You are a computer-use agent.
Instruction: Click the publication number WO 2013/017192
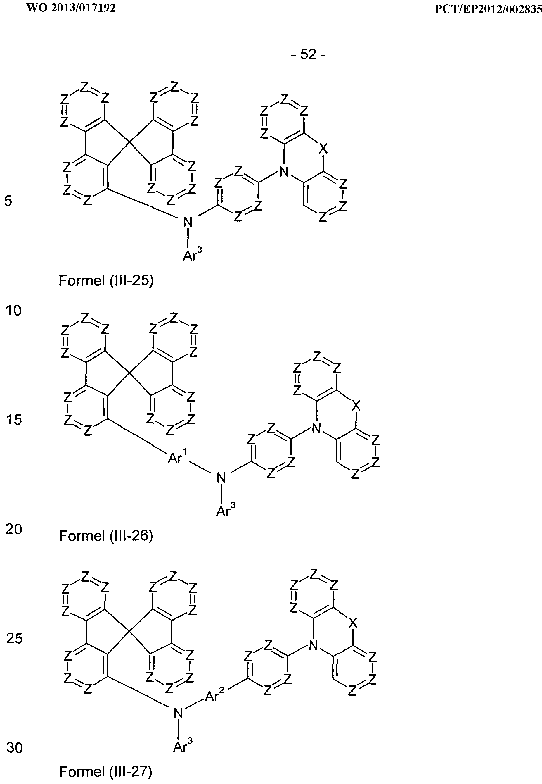[x=71, y=8]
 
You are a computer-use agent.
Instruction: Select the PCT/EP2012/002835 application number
[x=488, y=9]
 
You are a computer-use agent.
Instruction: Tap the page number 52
[x=308, y=54]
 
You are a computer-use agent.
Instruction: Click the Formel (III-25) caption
[x=106, y=281]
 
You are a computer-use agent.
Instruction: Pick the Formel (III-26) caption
[x=106, y=536]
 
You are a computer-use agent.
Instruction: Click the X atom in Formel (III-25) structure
[x=324, y=149]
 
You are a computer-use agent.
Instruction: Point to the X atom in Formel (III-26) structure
[x=356, y=405]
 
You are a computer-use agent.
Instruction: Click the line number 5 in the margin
[x=8, y=201]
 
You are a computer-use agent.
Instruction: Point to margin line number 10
[x=13, y=310]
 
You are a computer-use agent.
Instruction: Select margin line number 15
[x=14, y=420]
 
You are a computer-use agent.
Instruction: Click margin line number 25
[x=14, y=639]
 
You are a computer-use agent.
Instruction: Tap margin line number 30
[x=15, y=748]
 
